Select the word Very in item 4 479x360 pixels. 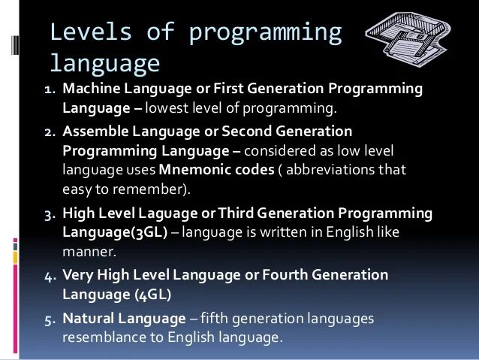click(77, 275)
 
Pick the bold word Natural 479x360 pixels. click(88, 319)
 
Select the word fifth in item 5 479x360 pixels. click(219, 319)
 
